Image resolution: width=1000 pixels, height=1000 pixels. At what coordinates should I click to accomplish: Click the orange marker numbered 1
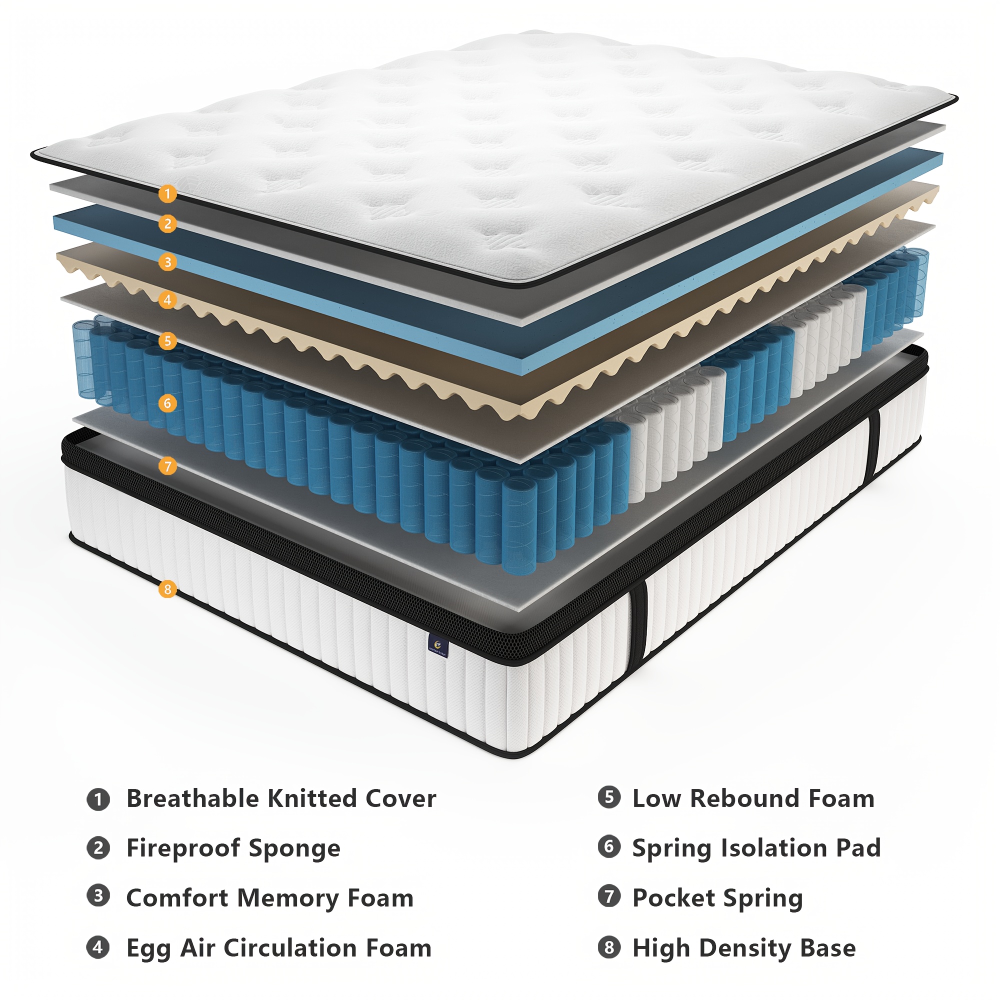point(167,194)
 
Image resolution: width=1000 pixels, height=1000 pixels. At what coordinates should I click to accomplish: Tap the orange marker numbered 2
point(167,224)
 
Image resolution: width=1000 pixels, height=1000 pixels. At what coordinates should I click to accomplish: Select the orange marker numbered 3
point(167,262)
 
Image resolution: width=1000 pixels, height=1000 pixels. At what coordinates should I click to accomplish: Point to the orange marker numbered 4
point(167,299)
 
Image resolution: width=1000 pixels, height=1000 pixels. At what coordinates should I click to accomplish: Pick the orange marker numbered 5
point(167,341)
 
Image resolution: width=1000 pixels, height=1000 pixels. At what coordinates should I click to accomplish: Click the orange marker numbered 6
point(167,403)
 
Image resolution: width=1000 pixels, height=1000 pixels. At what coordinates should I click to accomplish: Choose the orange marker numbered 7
point(167,466)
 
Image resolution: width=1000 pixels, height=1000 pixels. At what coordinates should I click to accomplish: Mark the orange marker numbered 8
point(167,589)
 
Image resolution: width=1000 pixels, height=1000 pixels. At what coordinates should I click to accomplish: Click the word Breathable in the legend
point(193,798)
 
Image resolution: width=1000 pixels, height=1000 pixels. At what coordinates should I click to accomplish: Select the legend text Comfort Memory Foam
point(269,898)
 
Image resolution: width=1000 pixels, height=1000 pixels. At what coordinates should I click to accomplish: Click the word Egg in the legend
point(148,949)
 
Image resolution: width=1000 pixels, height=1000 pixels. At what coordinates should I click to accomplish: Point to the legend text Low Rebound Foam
point(753,798)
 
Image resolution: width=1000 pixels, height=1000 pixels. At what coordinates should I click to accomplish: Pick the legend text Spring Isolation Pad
point(756,849)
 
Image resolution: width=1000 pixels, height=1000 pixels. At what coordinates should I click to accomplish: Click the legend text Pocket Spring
point(717,898)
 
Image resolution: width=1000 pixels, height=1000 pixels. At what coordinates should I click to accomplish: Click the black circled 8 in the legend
point(609,947)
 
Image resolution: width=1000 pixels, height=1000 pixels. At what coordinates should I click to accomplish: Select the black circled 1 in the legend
point(98,799)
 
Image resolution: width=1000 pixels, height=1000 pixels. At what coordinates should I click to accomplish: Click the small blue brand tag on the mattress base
point(438,646)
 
